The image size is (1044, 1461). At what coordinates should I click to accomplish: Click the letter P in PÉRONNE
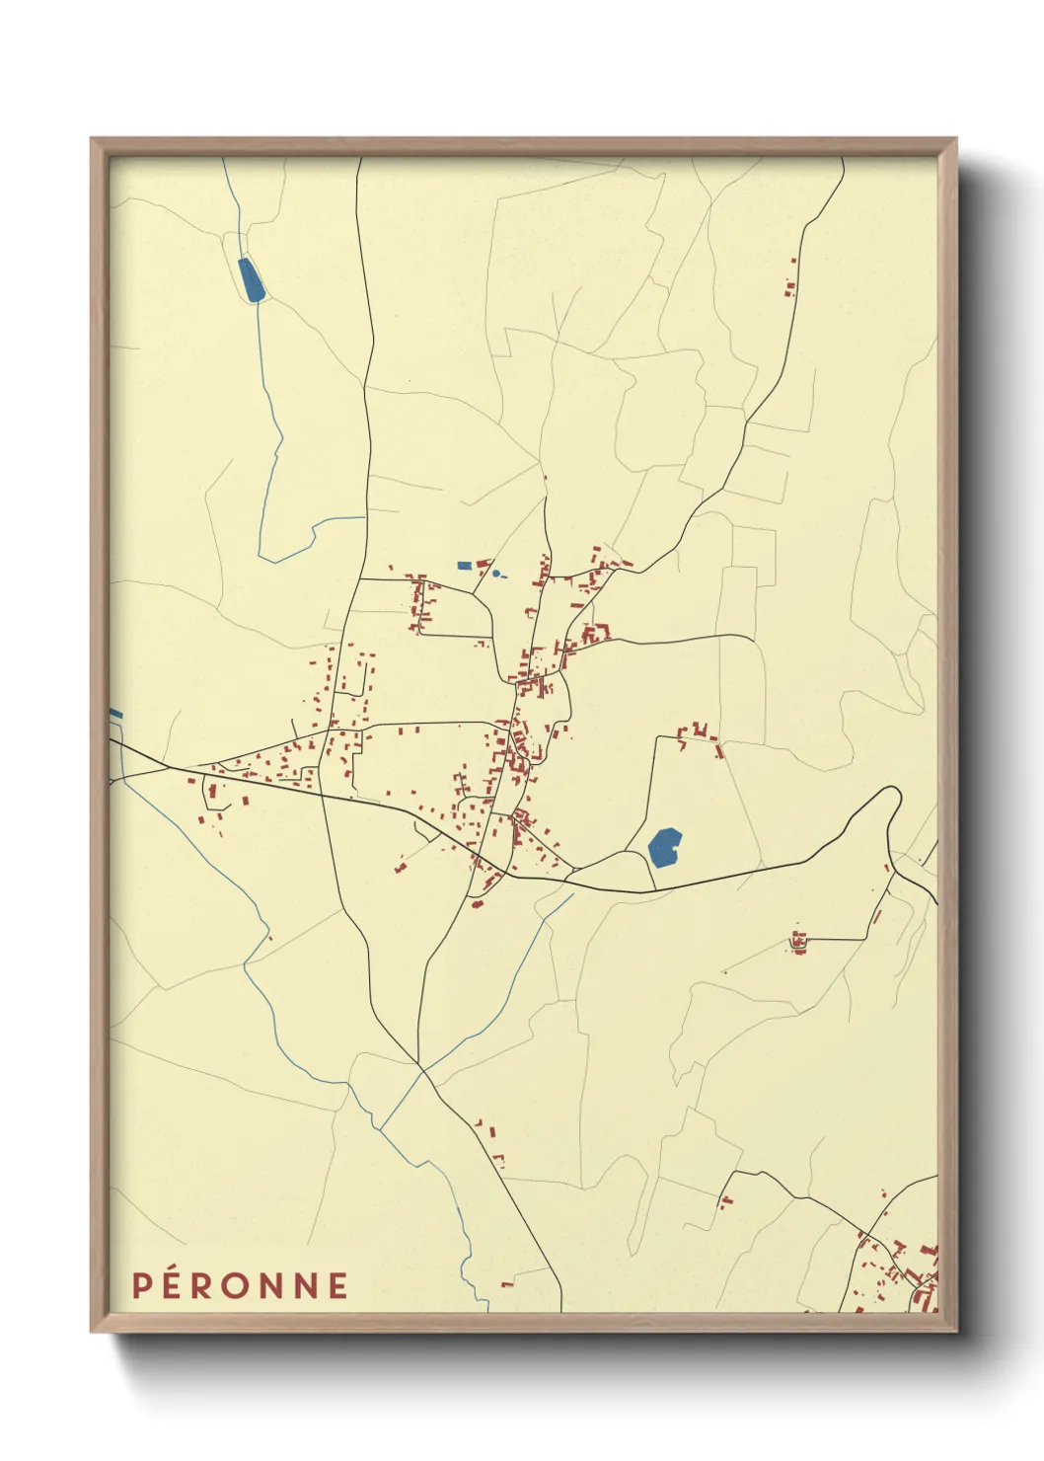click(x=142, y=1285)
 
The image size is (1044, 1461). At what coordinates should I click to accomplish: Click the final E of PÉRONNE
click(x=338, y=1285)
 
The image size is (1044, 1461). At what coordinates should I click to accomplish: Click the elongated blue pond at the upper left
click(x=252, y=279)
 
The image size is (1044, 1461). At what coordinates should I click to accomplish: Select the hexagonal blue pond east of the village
click(x=665, y=847)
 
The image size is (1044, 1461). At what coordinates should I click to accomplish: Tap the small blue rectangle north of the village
click(x=465, y=566)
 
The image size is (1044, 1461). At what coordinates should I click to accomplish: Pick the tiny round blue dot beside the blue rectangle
click(x=495, y=573)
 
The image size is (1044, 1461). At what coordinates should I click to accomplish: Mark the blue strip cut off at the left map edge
click(x=115, y=713)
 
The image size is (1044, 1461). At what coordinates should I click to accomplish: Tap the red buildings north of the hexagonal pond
click(x=700, y=733)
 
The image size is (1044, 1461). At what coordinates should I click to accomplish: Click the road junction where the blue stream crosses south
click(x=421, y=1068)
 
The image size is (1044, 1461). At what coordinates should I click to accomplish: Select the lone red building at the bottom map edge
click(x=507, y=1284)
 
